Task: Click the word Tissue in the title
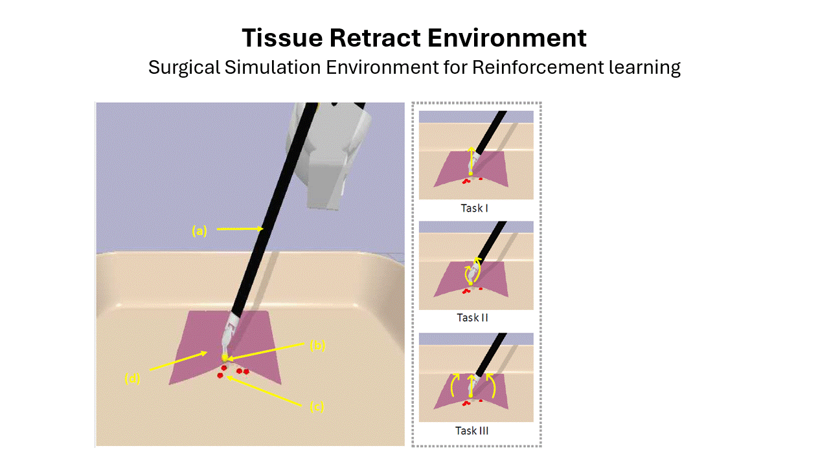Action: pyautogui.click(x=282, y=38)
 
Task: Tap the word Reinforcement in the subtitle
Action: pyautogui.click(x=538, y=67)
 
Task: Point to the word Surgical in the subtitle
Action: pyautogui.click(x=185, y=68)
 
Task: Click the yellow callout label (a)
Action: pyautogui.click(x=199, y=231)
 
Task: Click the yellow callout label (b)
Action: pyautogui.click(x=317, y=346)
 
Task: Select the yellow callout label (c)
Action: pyautogui.click(x=317, y=407)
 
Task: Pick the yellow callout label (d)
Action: pyautogui.click(x=132, y=379)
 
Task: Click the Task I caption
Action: pyautogui.click(x=474, y=208)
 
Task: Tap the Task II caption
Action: pyautogui.click(x=472, y=318)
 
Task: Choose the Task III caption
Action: pyautogui.click(x=472, y=431)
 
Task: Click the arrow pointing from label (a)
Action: pyautogui.click(x=240, y=229)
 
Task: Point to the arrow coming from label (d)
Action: pyautogui.click(x=178, y=361)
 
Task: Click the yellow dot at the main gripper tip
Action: pyautogui.click(x=225, y=358)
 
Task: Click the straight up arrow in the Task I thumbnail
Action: pyautogui.click(x=471, y=160)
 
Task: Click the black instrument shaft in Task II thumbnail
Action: pyautogui.click(x=491, y=239)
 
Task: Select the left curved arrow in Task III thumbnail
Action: pyautogui.click(x=453, y=384)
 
